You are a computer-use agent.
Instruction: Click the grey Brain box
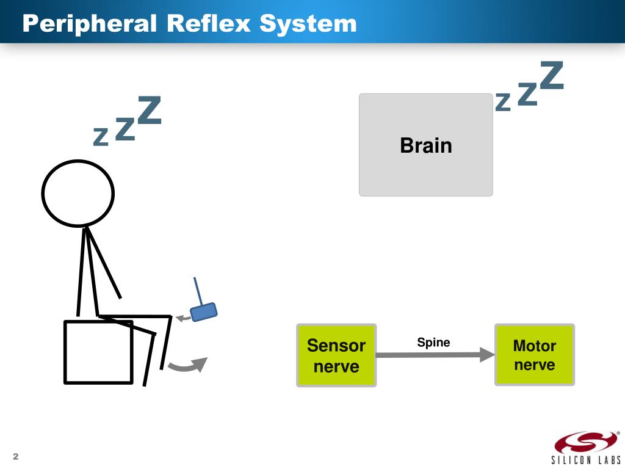tap(425, 145)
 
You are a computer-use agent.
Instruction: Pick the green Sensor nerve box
tap(336, 355)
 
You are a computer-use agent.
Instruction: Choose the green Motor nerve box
tap(534, 355)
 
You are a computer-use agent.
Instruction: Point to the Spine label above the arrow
tap(433, 343)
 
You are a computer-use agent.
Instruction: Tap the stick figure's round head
tap(78, 194)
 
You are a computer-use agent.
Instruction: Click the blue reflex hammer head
tap(204, 312)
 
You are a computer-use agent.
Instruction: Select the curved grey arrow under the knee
tap(187, 365)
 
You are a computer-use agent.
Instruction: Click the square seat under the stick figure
tap(98, 352)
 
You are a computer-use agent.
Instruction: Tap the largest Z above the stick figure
tap(149, 111)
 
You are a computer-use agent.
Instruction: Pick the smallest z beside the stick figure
tap(100, 138)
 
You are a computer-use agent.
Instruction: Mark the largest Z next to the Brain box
tap(551, 75)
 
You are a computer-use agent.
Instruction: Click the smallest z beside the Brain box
tap(502, 103)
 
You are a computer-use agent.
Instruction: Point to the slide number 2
tap(16, 457)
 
